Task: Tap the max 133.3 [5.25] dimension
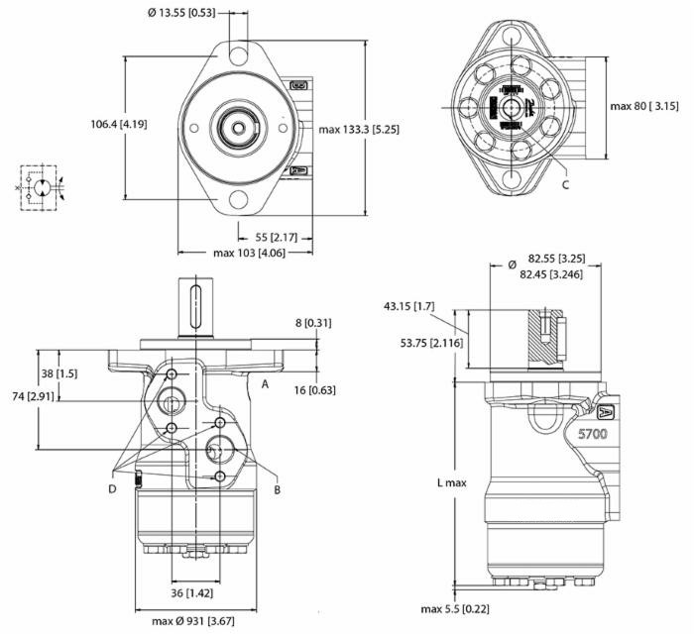tap(359, 129)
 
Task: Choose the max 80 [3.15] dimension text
tap(643, 105)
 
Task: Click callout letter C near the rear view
tap(565, 184)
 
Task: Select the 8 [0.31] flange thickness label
tap(314, 323)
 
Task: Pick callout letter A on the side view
tap(266, 382)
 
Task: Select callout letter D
tap(112, 488)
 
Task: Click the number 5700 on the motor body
tap(592, 433)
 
